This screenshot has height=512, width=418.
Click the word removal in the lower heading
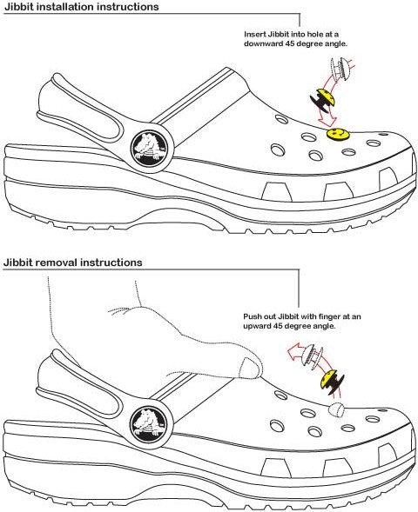pyautogui.click(x=57, y=263)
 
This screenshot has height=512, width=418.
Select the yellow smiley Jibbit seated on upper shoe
pyautogui.click(x=338, y=134)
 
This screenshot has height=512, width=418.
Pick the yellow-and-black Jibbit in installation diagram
pyautogui.click(x=323, y=100)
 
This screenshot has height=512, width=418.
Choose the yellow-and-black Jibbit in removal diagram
pyautogui.click(x=332, y=382)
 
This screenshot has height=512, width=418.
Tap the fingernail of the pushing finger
pyautogui.click(x=251, y=368)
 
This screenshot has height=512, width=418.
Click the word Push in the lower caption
pyautogui.click(x=251, y=316)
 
